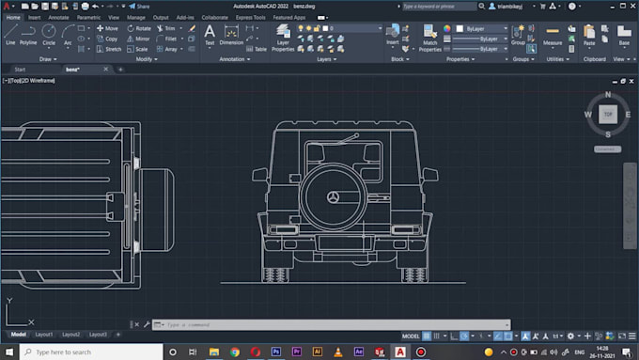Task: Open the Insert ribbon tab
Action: pos(35,17)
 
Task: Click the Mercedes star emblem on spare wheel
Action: pos(334,199)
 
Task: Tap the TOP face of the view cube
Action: pos(608,114)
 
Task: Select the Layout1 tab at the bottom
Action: pos(44,335)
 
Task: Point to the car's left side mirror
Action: pos(259,174)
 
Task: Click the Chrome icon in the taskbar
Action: pos(234,352)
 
